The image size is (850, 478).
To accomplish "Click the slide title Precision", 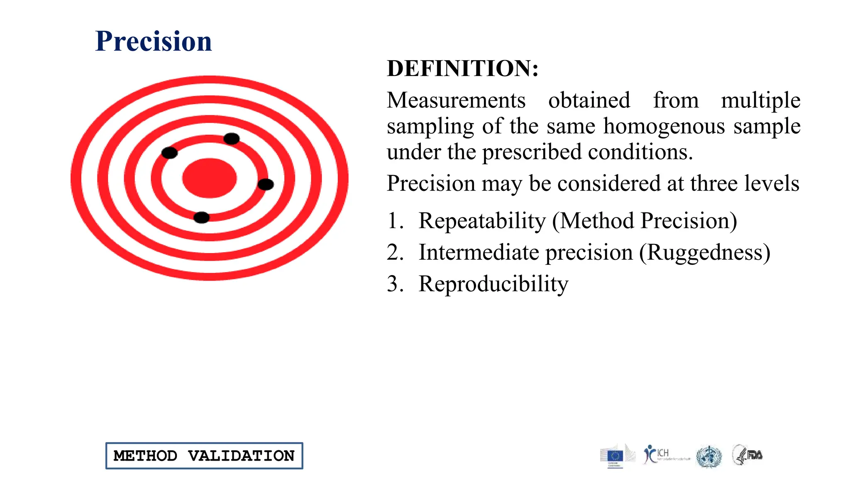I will (153, 41).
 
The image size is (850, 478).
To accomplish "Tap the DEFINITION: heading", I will (462, 68).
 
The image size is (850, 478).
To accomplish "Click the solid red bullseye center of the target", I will (209, 178).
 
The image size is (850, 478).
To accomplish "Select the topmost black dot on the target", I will (231, 139).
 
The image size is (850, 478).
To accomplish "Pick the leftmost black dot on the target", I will (169, 153).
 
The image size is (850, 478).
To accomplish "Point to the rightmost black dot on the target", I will (266, 184).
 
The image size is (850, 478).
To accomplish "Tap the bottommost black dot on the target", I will (202, 217).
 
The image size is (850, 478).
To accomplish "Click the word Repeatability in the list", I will (482, 221).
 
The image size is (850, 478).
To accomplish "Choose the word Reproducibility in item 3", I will (493, 284).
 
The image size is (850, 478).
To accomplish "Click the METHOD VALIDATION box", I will (204, 456).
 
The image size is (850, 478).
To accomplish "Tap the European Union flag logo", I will (615, 456).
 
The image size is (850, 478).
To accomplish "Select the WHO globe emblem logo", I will (709, 456).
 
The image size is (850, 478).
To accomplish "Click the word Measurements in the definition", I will (456, 100).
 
